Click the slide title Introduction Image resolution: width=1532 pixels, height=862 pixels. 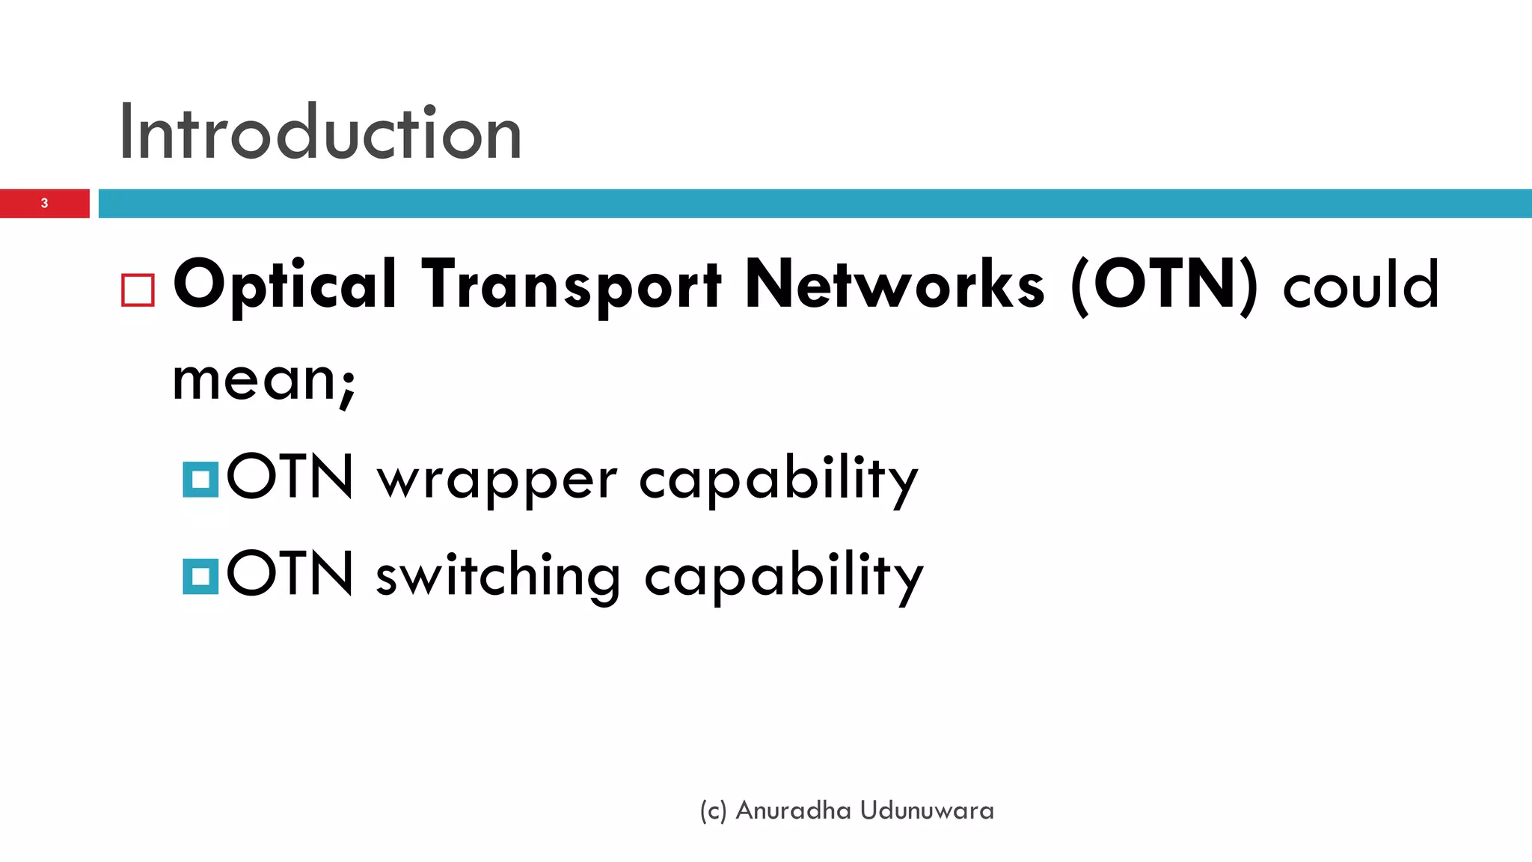pos(320,133)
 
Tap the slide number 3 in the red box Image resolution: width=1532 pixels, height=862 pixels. pos(44,204)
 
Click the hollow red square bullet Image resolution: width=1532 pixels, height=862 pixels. pos(138,290)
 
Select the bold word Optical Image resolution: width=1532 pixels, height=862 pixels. pos(285,286)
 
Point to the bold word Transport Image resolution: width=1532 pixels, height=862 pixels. pos(572,286)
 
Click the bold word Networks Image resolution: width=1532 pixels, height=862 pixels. pos(895,284)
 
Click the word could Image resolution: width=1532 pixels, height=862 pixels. pos(1361,286)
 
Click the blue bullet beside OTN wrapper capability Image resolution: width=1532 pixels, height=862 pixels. pos(200,480)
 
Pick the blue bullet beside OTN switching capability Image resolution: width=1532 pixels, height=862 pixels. pos(200,576)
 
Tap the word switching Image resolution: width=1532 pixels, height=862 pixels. pos(497,576)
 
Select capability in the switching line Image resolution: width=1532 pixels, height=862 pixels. pos(783,576)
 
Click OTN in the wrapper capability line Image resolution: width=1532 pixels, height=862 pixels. pos(289,476)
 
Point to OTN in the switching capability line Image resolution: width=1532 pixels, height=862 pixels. pos(289,572)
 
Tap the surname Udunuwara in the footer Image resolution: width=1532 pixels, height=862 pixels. pos(927,810)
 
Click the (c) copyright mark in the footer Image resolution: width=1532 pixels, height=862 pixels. pos(713,811)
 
